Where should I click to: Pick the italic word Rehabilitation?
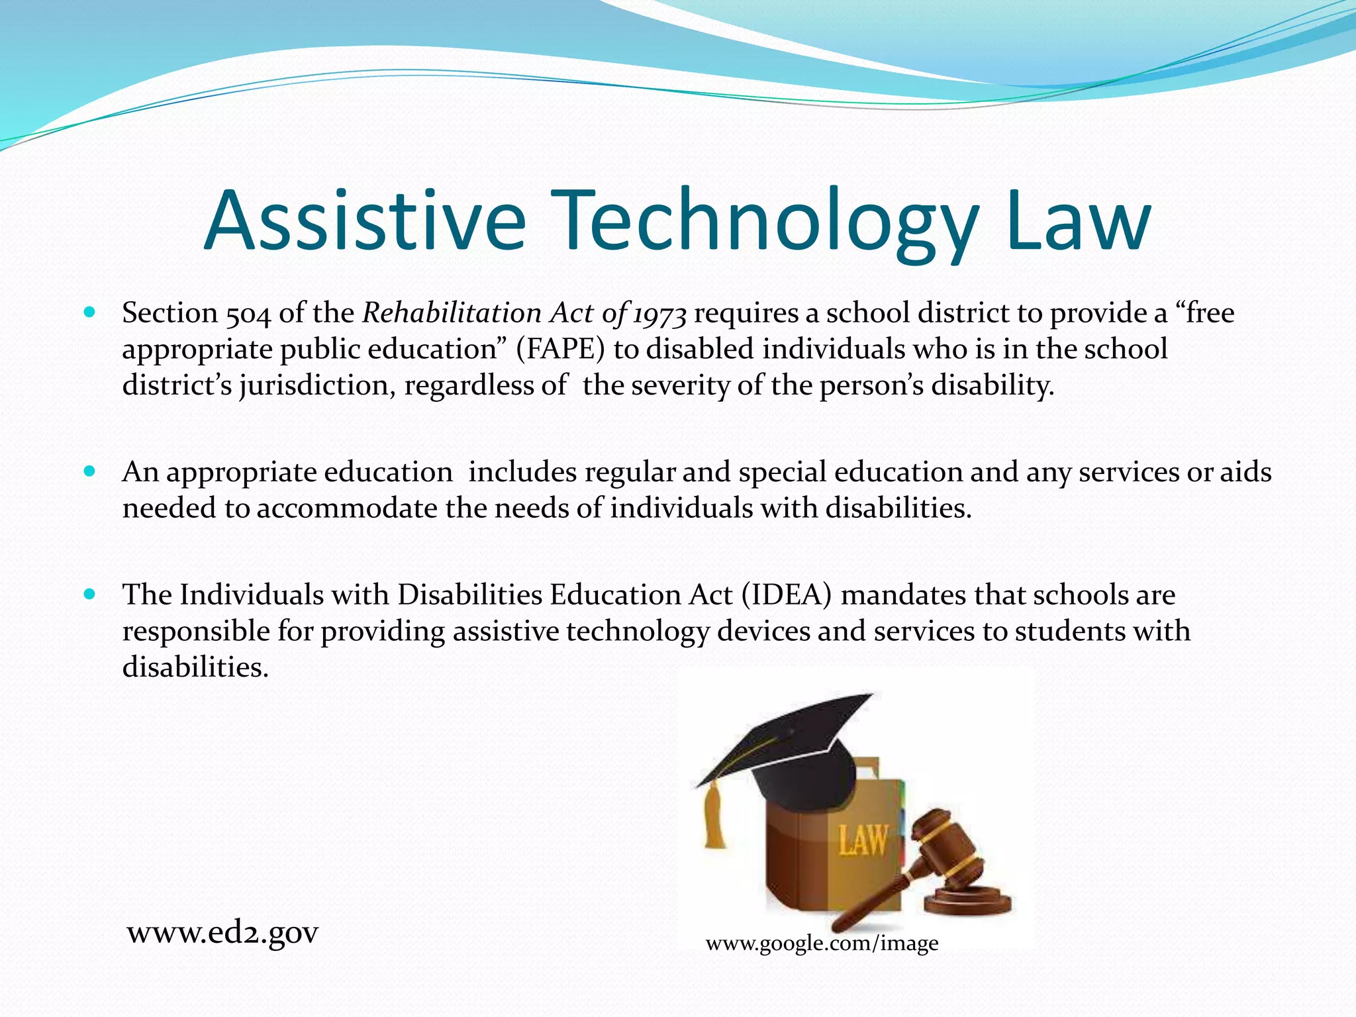[x=452, y=313]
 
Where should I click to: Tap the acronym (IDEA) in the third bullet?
[x=787, y=595]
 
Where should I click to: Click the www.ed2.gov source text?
[x=222, y=933]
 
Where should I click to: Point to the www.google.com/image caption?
[x=822, y=943]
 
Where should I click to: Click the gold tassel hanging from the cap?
[x=714, y=816]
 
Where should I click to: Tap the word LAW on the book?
[x=862, y=842]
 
